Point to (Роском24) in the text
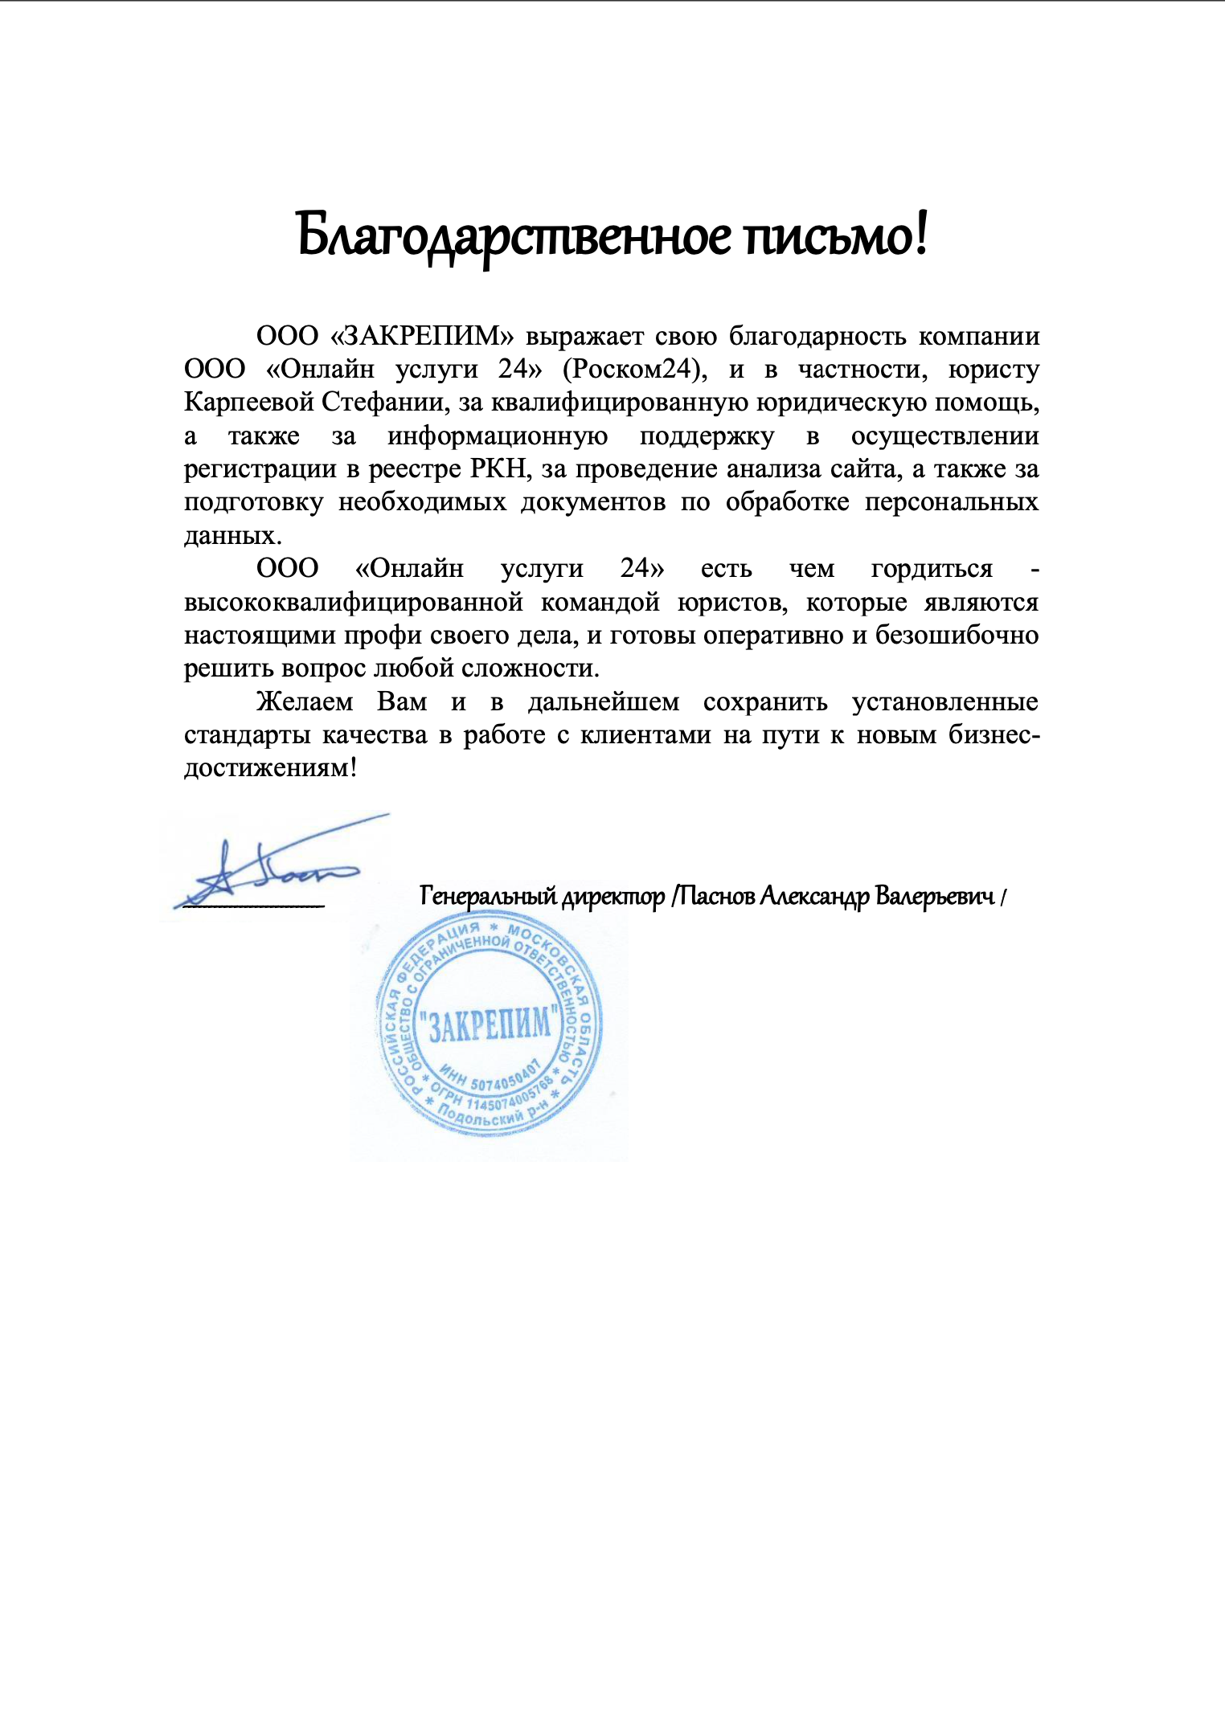coord(634,369)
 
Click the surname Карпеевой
coord(249,402)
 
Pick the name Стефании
coord(386,402)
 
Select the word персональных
coord(952,502)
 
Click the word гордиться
coord(932,569)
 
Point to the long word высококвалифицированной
coord(354,602)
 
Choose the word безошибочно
coord(957,635)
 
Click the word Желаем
coord(305,701)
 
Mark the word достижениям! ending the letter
coord(270,768)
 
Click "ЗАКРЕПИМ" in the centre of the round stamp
coord(490,1024)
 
